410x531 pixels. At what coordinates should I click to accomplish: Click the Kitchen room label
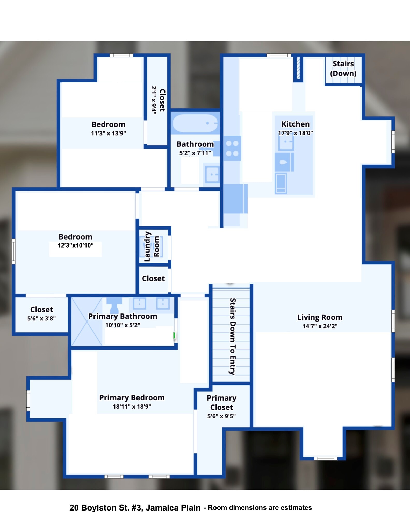click(x=295, y=124)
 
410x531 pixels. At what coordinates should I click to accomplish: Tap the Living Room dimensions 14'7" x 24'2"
click(x=320, y=326)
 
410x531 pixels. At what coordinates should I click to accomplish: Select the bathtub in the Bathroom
click(x=195, y=123)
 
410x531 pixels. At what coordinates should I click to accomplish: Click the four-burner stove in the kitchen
click(x=232, y=148)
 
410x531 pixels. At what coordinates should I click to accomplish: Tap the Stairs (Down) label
click(x=343, y=68)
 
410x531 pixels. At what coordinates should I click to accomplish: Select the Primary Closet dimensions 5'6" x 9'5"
click(x=221, y=416)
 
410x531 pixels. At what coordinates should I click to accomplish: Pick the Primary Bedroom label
click(x=132, y=397)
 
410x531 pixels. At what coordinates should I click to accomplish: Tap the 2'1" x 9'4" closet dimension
click(x=154, y=100)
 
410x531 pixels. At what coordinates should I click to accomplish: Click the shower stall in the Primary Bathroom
click(x=87, y=322)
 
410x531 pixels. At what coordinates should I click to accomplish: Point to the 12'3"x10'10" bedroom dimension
click(x=75, y=245)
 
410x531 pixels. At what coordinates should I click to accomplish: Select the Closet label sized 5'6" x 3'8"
click(x=41, y=310)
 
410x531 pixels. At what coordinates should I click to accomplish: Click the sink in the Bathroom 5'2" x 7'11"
click(x=212, y=174)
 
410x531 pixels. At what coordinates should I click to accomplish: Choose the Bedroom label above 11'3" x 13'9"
click(x=108, y=124)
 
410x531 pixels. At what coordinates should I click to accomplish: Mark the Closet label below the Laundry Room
click(x=153, y=278)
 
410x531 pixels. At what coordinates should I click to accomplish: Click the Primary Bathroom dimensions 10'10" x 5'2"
click(x=123, y=325)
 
